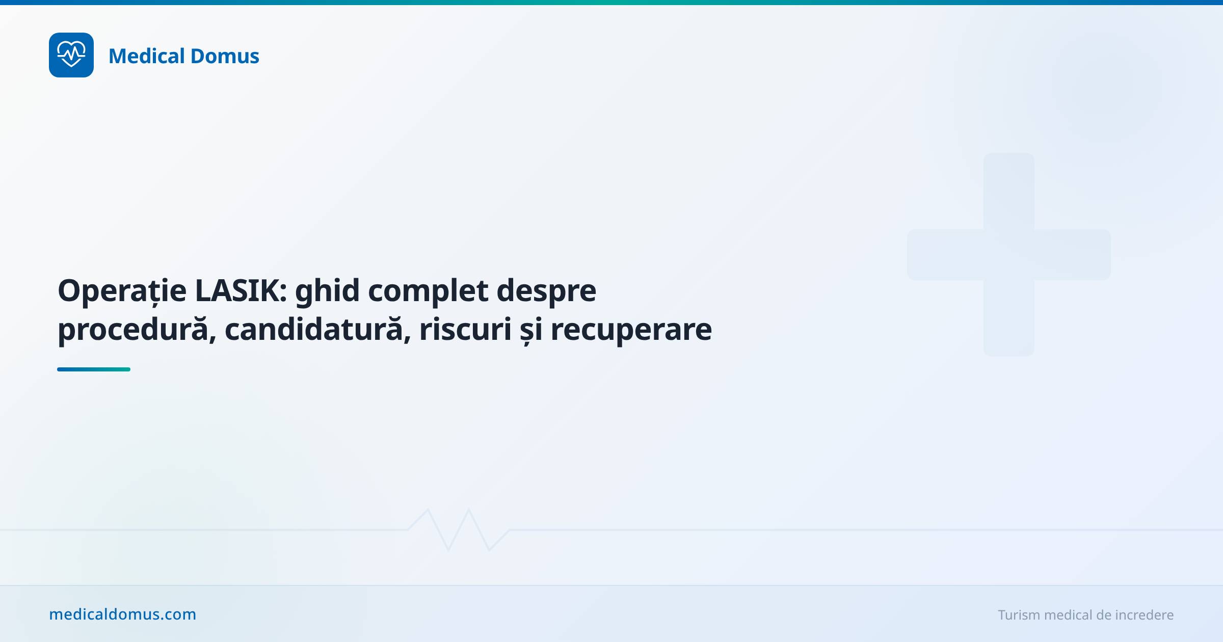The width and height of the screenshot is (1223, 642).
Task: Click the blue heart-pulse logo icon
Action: point(71,55)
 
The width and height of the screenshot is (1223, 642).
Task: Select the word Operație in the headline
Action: point(122,291)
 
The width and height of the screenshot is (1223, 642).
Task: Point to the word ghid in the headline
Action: point(327,291)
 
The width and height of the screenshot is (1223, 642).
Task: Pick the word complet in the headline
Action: point(428,291)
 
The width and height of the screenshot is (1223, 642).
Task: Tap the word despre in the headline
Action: point(546,291)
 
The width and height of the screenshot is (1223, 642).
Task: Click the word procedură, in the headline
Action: point(137,330)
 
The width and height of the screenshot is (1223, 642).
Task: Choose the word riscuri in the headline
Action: point(465,330)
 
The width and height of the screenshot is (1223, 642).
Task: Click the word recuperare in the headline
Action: point(631,331)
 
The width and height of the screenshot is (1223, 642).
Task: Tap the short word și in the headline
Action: point(531,331)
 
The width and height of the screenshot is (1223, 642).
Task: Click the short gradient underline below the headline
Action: point(94,369)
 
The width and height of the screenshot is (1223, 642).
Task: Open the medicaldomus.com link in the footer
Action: point(123,614)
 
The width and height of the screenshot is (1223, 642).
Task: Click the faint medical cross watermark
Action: point(1009,255)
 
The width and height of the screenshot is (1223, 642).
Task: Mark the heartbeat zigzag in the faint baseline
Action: point(459,530)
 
